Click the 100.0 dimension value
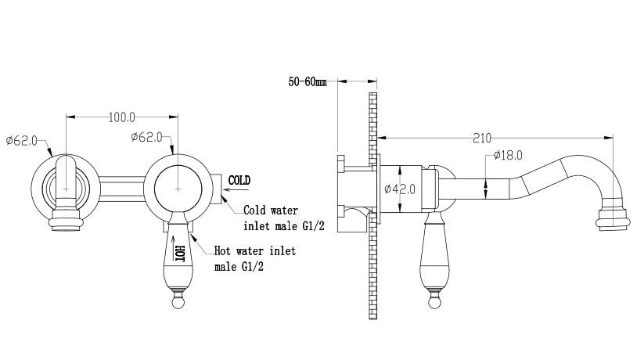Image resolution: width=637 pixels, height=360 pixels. [x=122, y=117]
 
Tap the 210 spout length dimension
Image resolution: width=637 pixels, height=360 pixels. [x=482, y=139]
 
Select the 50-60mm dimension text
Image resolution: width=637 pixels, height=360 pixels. [x=308, y=81]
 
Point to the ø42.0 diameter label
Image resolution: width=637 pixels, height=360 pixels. [x=400, y=189]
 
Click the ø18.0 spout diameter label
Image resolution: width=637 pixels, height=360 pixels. [x=508, y=155]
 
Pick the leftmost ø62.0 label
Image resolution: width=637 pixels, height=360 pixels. [x=22, y=141]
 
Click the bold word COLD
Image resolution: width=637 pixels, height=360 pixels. [x=239, y=180]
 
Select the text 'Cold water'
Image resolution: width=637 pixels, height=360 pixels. [x=271, y=211]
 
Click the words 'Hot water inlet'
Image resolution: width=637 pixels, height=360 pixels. [x=254, y=250]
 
